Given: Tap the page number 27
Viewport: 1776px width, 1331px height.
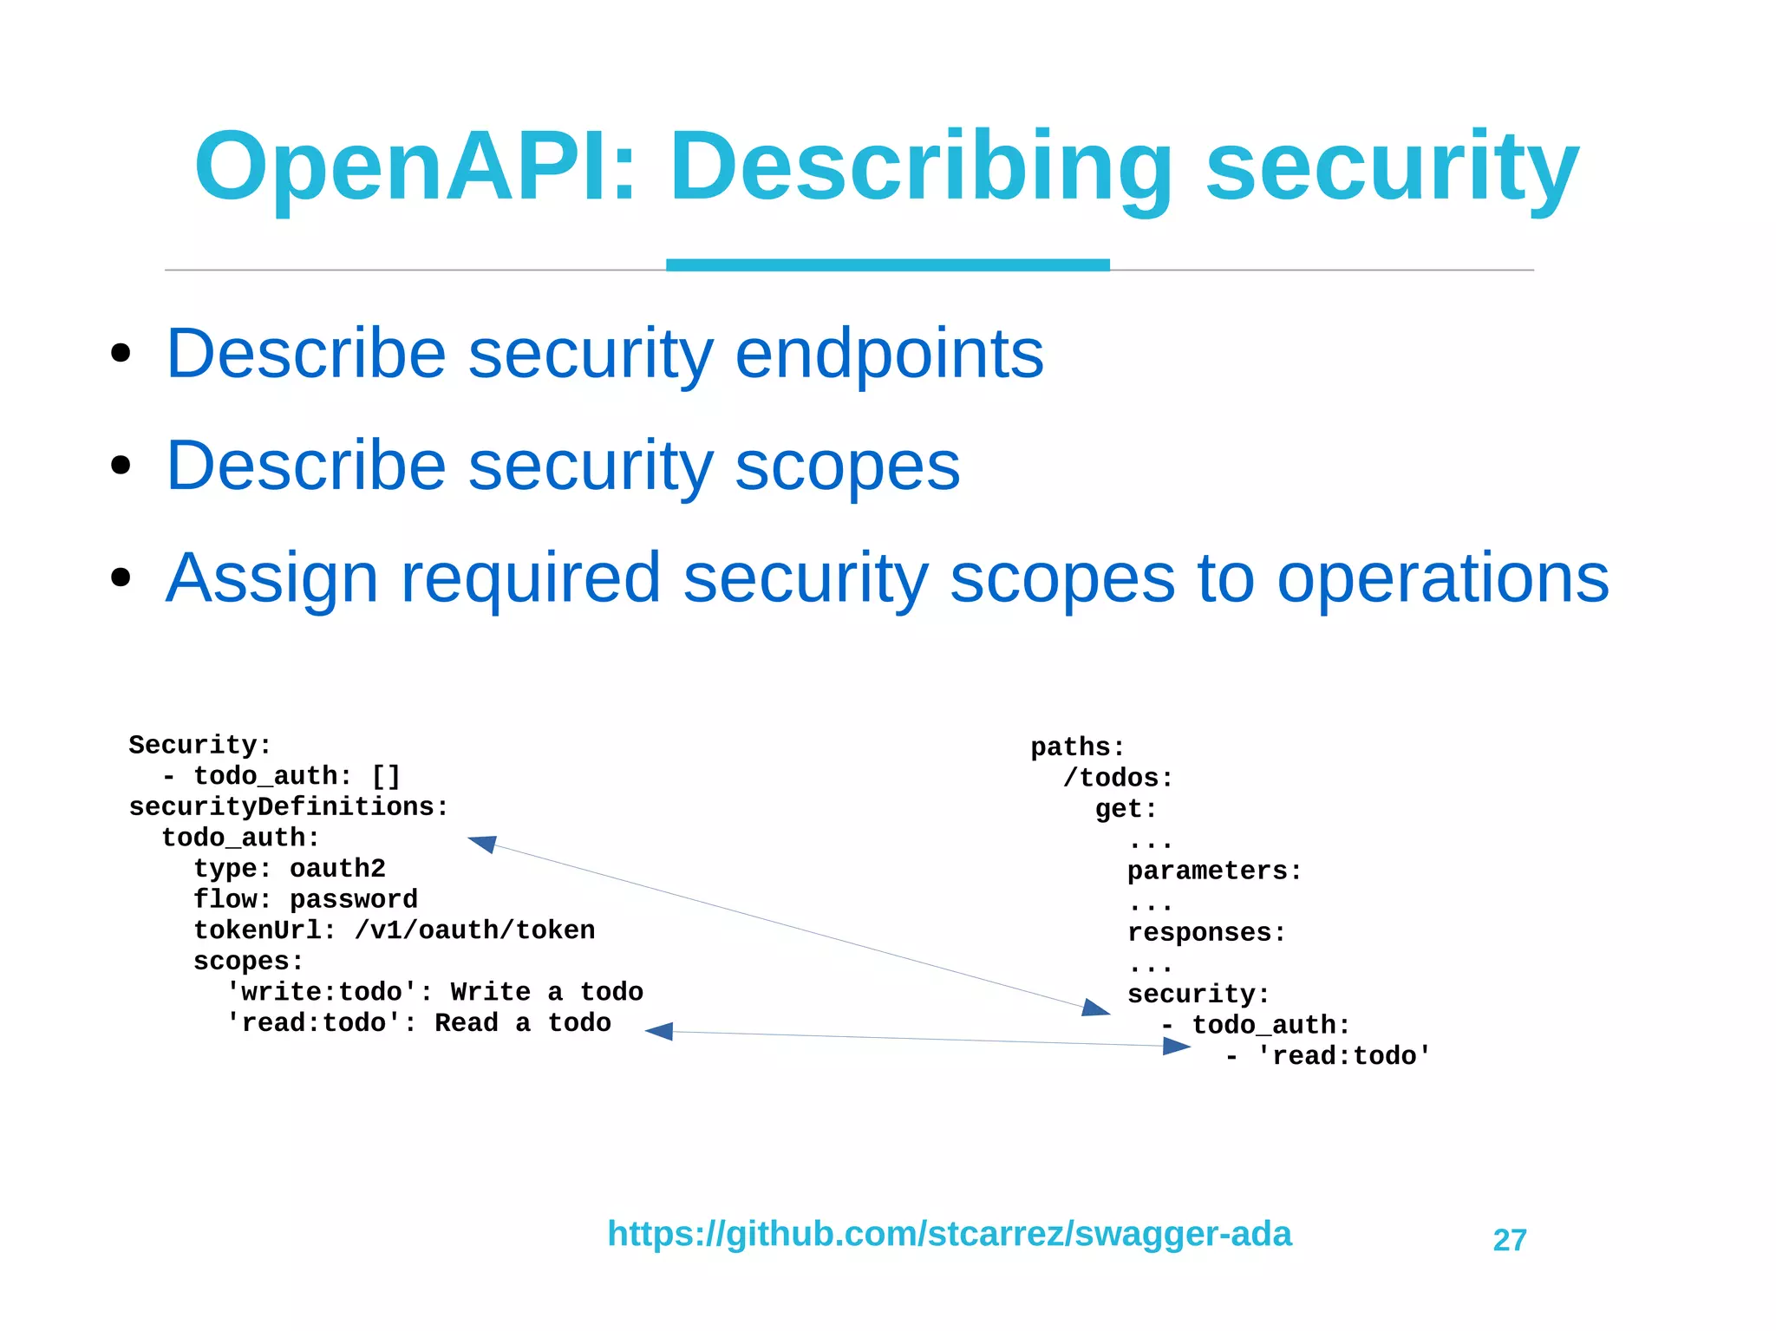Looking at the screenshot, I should point(1509,1240).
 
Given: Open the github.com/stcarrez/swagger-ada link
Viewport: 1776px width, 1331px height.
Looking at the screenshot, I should point(949,1233).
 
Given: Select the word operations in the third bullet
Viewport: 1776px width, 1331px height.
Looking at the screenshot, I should point(1442,578).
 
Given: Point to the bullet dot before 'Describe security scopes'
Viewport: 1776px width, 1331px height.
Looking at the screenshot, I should point(121,466).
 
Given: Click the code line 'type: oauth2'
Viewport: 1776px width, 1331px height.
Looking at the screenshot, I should point(289,868).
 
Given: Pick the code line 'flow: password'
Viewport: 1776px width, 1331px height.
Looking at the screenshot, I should point(305,899).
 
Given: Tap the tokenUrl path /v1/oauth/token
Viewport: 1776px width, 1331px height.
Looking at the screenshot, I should point(474,930).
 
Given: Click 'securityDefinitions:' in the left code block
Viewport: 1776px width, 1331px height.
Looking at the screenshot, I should point(289,806).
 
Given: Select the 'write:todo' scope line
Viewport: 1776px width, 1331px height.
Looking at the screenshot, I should point(434,992).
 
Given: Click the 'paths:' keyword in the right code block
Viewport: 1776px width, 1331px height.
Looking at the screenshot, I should point(1077,747).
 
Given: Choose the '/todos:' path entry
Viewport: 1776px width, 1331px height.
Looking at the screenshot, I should point(1118,778).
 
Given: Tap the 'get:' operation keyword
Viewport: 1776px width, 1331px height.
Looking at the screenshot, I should point(1126,809).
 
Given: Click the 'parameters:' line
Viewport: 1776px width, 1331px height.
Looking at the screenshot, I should point(1214,871).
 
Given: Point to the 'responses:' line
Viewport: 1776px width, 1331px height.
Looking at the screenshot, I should point(1206,932).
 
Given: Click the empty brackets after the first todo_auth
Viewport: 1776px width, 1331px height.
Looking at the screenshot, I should point(386,775).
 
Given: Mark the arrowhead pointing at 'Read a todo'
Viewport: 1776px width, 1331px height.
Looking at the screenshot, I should point(659,1031).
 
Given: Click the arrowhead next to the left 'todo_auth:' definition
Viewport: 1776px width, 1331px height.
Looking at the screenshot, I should point(482,843).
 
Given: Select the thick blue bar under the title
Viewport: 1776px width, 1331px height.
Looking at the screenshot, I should point(887,264).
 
